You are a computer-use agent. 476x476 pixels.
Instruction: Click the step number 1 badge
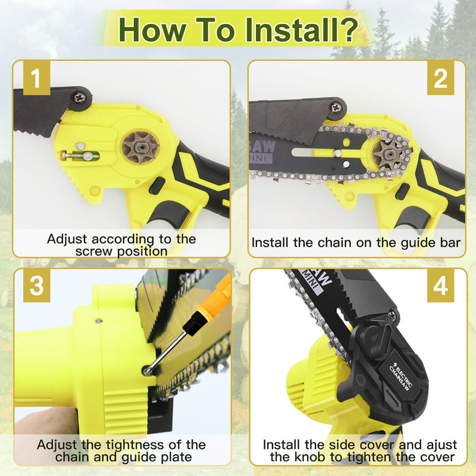(x=37, y=80)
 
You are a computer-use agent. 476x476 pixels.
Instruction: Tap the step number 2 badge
(x=440, y=80)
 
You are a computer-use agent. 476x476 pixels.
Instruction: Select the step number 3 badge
(x=37, y=286)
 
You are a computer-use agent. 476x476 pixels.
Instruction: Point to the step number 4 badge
(x=440, y=286)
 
